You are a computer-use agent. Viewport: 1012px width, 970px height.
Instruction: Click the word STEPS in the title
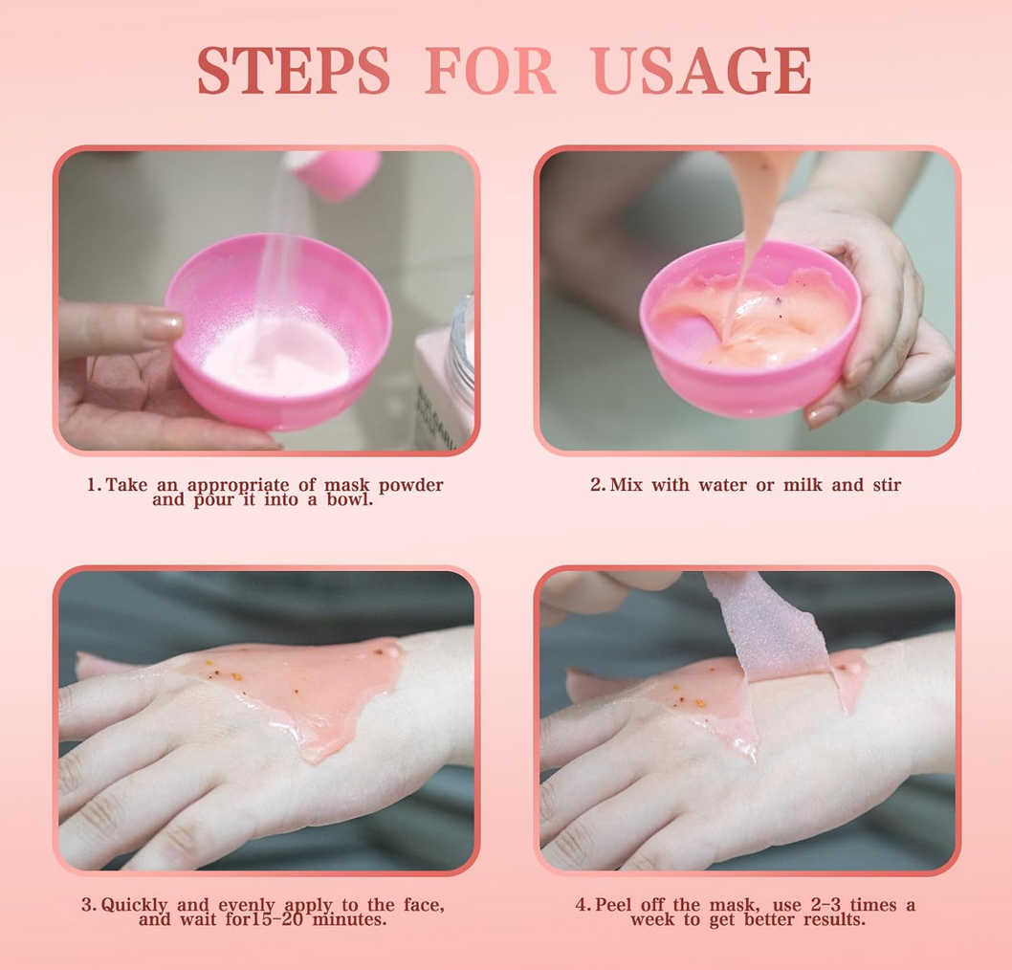pyautogui.click(x=294, y=70)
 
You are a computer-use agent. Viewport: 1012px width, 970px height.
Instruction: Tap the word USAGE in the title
pyautogui.click(x=701, y=70)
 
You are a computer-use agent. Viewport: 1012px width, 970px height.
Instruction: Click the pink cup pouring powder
pyautogui.click(x=335, y=173)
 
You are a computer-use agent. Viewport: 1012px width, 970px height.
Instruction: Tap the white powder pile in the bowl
pyautogui.click(x=275, y=356)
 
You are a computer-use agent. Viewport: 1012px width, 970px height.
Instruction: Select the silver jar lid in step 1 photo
pyautogui.click(x=461, y=347)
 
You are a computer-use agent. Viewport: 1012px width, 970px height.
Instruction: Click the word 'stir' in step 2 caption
pyautogui.click(x=888, y=485)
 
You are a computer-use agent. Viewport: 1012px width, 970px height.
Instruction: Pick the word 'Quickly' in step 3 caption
pyautogui.click(x=134, y=906)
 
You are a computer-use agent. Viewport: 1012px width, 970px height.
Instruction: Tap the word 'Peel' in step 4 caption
pyautogui.click(x=613, y=905)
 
